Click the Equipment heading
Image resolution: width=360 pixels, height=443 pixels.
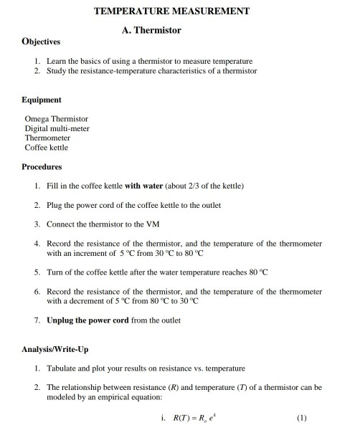[41, 100]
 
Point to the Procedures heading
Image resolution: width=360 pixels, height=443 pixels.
[42, 166]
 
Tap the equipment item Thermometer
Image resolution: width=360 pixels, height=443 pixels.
[47, 138]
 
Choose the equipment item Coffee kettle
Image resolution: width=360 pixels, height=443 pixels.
[47, 148]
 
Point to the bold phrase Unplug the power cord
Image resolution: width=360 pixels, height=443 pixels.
[87, 320]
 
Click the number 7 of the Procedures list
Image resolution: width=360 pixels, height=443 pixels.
[37, 320]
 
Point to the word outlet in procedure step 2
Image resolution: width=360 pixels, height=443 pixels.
[209, 205]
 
